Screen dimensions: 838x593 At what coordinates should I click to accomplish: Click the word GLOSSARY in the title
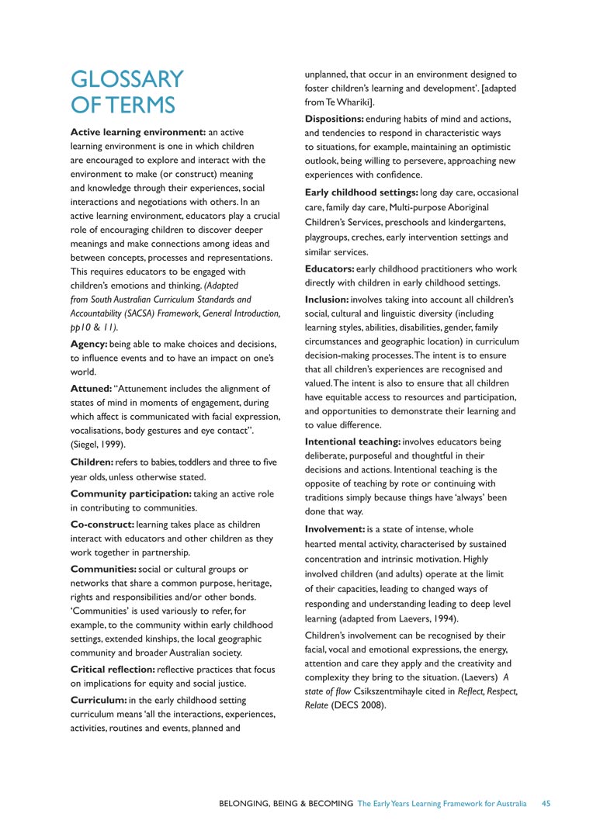[127, 79]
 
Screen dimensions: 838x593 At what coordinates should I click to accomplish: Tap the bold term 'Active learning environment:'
[137, 132]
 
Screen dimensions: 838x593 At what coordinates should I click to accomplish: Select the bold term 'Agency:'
[94, 344]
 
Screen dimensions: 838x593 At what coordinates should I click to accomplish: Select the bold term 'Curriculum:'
[102, 700]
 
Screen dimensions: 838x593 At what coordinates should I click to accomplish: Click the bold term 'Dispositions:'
[334, 119]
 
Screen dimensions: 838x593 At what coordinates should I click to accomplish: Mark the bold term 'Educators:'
[329, 268]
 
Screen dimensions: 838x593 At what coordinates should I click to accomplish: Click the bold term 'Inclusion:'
[327, 299]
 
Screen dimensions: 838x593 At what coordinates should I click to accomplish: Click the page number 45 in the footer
[546, 804]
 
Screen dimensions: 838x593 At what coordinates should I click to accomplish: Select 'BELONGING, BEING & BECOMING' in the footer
[286, 804]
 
